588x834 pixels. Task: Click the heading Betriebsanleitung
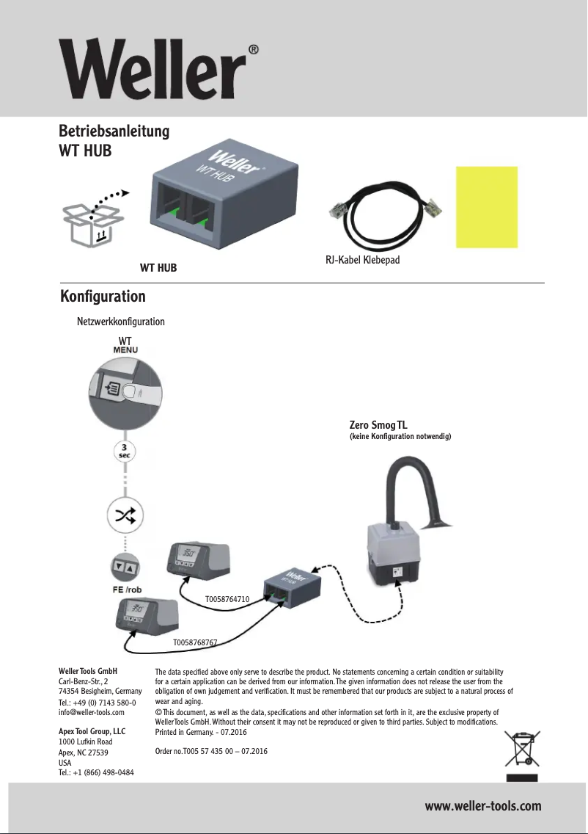tap(114, 131)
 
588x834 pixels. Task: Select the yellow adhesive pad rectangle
tap(487, 206)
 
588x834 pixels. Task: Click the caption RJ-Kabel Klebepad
tap(361, 260)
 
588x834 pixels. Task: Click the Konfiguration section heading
tap(102, 297)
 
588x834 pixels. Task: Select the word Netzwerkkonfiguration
tap(121, 322)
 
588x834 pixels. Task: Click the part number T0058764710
tap(228, 599)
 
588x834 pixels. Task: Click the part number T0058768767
tap(194, 642)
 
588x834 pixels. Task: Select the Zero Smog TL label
tap(379, 425)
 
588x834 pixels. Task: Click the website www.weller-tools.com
tap(483, 806)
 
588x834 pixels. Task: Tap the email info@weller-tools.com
tap(91, 712)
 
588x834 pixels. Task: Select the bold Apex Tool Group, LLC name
tap(92, 732)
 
